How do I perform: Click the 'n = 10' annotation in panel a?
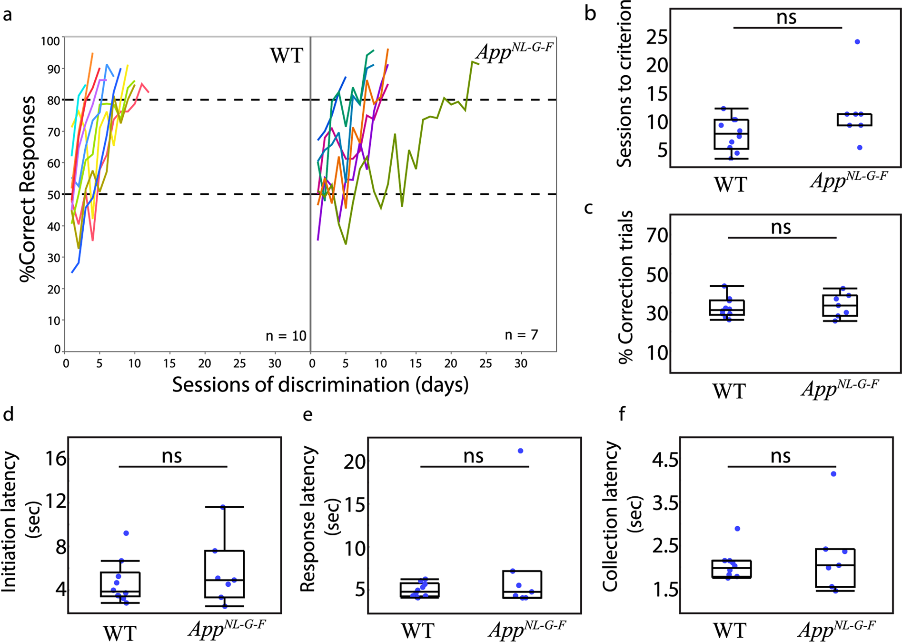coord(286,336)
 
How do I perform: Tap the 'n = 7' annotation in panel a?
coord(521,335)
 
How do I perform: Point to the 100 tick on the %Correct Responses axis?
coord(50,41)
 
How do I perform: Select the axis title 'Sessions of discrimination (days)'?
coord(320,385)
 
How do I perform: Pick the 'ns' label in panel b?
coord(786,18)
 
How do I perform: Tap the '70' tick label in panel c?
coord(657,235)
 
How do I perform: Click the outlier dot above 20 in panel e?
coord(520,451)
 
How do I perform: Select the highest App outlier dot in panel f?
coord(833,474)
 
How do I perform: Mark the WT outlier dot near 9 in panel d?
coord(126,533)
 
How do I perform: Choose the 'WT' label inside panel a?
coord(287,56)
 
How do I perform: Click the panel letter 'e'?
coord(308,414)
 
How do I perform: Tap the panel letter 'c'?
coord(589,208)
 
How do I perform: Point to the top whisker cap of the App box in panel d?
coord(224,507)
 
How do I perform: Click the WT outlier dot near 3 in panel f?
coord(737,529)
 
